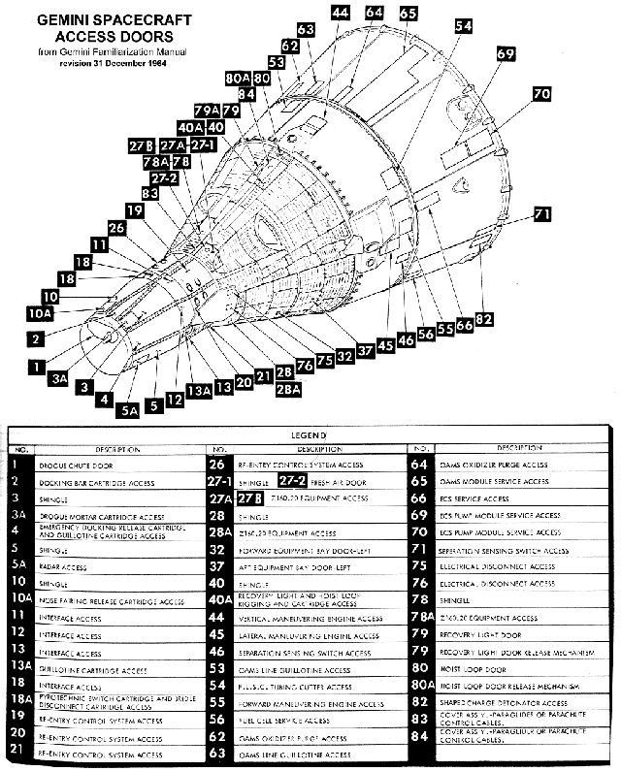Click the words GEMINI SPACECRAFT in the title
pyautogui.click(x=91, y=20)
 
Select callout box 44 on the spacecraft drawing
pyautogui.click(x=340, y=12)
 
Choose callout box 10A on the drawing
pyautogui.click(x=39, y=314)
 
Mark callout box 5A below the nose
pyautogui.click(x=130, y=410)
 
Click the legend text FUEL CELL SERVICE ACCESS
pyautogui.click(x=289, y=721)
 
